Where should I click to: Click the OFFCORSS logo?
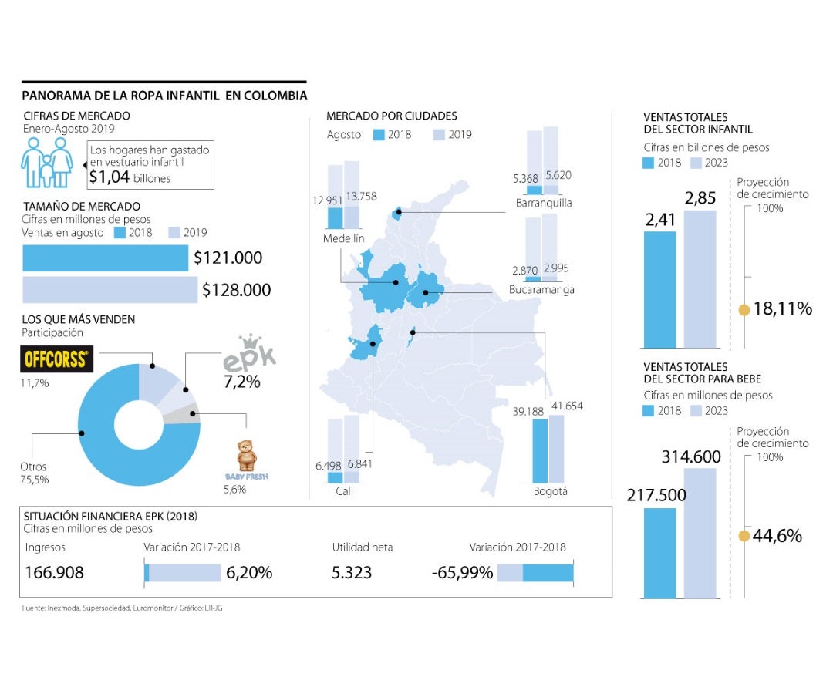(56, 359)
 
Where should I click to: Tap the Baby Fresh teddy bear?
(247, 456)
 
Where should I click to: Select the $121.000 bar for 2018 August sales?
(106, 258)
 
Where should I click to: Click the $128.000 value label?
(236, 290)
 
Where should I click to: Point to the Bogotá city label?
(550, 491)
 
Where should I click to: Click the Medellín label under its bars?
(344, 239)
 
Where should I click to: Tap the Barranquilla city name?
(544, 204)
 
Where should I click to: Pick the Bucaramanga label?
(541, 290)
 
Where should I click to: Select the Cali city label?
(344, 490)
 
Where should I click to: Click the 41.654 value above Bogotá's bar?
(566, 406)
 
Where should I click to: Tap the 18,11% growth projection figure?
(783, 309)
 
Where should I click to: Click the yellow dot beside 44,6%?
(744, 536)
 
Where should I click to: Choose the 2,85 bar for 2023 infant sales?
(700, 278)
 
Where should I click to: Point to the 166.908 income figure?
(55, 573)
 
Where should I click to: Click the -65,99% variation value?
(462, 573)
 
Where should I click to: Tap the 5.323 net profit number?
(352, 573)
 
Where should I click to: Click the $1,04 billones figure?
(130, 177)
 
